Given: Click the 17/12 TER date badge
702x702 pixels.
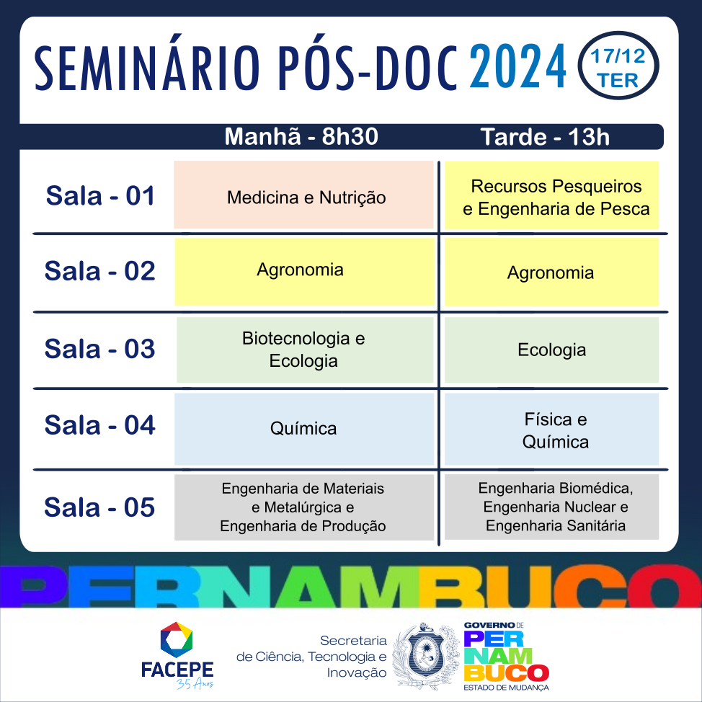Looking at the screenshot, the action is tap(618, 66).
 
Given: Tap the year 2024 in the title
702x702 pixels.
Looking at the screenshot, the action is tap(517, 66).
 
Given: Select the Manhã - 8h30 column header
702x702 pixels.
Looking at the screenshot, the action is tap(301, 136).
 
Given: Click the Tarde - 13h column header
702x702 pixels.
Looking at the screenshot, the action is tap(545, 136).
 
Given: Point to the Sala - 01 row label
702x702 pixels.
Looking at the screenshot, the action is tap(100, 195).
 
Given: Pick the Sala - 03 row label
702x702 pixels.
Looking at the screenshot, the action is tap(100, 349).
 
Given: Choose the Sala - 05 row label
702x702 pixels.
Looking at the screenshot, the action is tap(99, 507).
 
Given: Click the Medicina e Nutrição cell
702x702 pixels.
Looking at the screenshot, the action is tap(304, 195).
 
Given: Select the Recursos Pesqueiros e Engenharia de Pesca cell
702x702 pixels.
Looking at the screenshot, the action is tap(551, 195).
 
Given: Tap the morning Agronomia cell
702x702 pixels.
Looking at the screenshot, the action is tap(304, 272).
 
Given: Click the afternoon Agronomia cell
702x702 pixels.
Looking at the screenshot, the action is tap(551, 272).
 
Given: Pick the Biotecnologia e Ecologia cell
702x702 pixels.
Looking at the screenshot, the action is tap(306, 350).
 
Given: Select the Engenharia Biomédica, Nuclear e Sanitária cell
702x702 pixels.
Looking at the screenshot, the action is tap(551, 507).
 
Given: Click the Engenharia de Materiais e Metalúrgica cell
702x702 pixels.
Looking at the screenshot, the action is tap(304, 507).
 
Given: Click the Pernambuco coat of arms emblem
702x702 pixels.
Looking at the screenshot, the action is tap(426, 657).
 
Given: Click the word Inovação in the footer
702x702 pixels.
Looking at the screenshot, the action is tap(357, 673).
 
